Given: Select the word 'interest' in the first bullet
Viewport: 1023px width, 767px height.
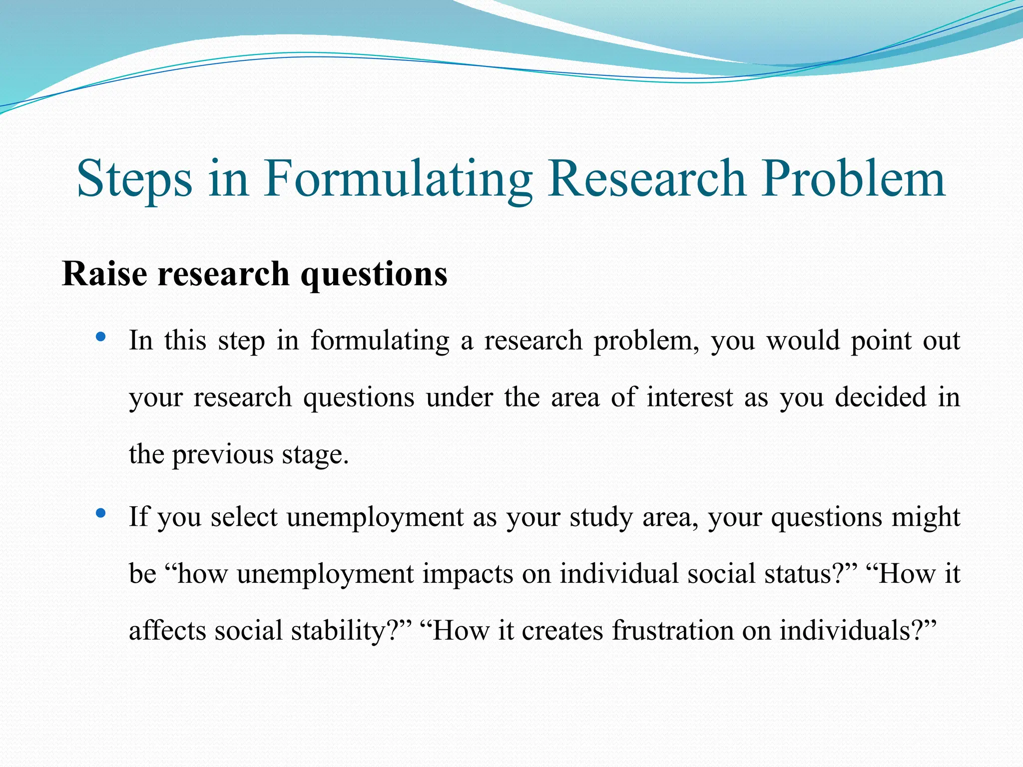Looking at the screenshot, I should click(x=690, y=398).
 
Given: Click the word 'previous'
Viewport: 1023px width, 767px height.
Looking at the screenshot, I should click(x=222, y=455).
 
